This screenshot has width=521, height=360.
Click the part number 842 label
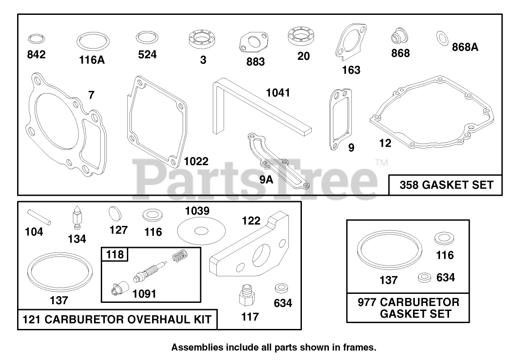36,55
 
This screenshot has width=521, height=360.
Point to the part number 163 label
351,70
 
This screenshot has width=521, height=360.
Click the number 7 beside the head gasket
91,95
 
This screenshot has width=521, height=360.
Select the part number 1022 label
196,162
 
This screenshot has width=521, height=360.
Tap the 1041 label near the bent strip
278,93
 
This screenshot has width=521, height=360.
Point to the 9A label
266,180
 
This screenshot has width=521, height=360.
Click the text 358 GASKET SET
446,185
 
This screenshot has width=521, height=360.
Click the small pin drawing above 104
40,216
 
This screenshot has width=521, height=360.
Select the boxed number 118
115,255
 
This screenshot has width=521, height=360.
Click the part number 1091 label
144,294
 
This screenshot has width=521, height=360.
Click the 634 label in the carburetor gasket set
445,278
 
